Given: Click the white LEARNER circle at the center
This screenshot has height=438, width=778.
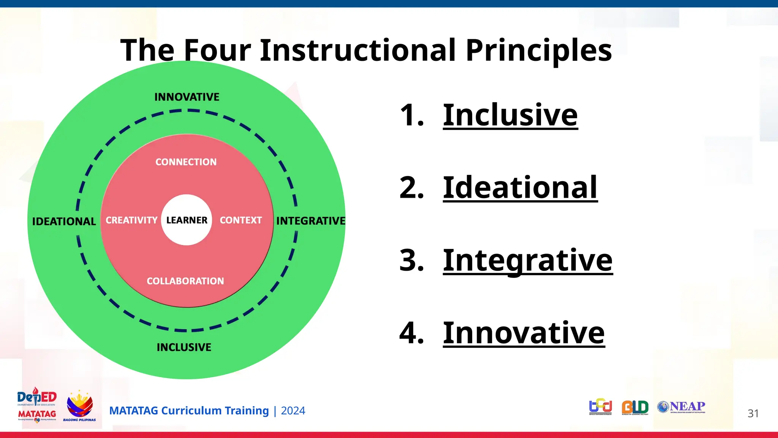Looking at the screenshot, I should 187,220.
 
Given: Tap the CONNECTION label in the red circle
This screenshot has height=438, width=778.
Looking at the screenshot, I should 186,162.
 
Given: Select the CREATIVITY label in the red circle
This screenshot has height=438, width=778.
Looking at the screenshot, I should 131,220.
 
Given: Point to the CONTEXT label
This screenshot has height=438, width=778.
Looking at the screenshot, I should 241,220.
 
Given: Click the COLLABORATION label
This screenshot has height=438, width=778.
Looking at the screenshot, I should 185,281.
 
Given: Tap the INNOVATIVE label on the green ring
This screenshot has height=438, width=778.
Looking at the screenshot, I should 187,97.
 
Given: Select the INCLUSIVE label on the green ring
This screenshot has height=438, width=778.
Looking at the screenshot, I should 184,347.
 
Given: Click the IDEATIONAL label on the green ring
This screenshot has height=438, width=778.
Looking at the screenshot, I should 64,221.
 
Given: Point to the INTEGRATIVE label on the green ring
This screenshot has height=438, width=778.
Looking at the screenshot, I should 311,221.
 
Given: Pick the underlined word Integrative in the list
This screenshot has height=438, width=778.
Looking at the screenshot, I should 528,260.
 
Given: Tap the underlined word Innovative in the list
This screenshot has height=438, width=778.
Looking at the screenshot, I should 523,333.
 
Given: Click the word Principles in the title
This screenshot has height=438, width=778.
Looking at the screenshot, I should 538,50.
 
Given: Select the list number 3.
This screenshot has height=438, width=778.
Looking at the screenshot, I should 411,260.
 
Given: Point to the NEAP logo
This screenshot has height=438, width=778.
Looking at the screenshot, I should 681,407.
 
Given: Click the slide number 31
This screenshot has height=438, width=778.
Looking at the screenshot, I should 753,413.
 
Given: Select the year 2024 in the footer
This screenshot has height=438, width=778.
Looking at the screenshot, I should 293,411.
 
